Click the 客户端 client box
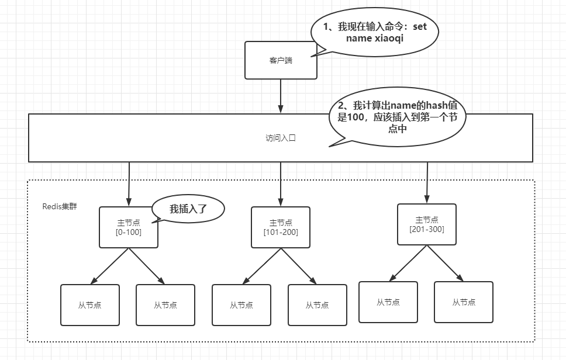click(281, 60)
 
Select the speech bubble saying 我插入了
click(188, 209)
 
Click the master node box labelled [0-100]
click(129, 227)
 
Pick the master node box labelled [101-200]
click(281, 227)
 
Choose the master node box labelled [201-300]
click(427, 224)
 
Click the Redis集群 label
click(60, 206)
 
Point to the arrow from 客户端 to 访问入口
click(281, 96)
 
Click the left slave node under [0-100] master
click(90, 304)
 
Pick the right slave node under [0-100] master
click(165, 304)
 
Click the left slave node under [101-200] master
click(241, 304)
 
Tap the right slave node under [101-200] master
click(317, 304)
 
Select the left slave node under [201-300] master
click(388, 302)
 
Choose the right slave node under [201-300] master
click(464, 302)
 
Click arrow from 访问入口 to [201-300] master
click(427, 182)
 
